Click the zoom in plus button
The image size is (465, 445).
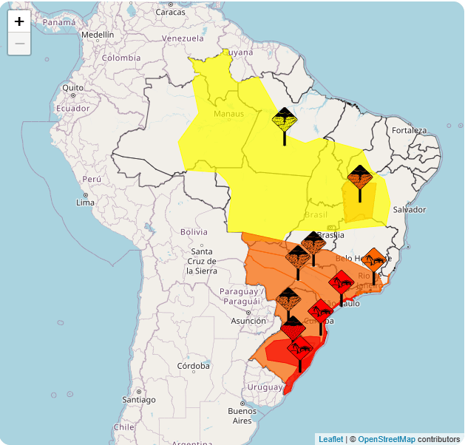pos(19,21)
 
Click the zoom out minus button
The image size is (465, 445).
pos(19,44)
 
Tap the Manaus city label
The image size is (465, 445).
pos(228,114)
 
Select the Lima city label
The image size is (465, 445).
pos(85,202)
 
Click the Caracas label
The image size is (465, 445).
pos(170,11)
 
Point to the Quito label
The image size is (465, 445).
pos(72,87)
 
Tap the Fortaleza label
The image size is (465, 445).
pos(410,130)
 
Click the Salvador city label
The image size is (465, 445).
pos(409,209)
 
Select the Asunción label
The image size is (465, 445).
pos(248,321)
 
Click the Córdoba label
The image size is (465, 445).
pos(193,366)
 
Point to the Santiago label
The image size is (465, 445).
pos(139,399)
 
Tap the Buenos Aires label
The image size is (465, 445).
pos(242,415)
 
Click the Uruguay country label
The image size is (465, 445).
pos(265,387)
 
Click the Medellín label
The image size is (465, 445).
pos(98,35)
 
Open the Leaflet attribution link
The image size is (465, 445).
pos(330,439)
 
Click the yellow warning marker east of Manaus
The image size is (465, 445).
pos(285,120)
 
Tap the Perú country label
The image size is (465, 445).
pos(92,179)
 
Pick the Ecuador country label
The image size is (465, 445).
pos(72,108)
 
